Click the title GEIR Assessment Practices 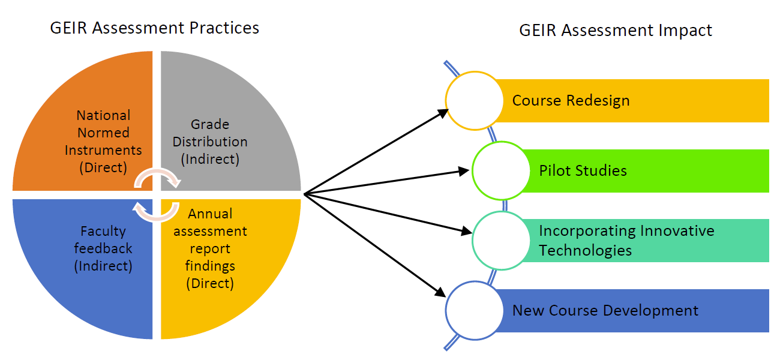tap(155, 28)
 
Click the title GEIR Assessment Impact tap(616, 31)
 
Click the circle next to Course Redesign tap(474, 100)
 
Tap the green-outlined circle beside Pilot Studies tap(501, 170)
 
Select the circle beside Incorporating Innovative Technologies tap(501, 240)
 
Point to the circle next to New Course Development tap(474, 311)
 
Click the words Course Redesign tap(571, 100)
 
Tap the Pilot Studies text tap(583, 170)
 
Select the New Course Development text tap(605, 311)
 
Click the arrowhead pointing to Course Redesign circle tap(443, 112)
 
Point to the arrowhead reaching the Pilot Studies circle tap(463, 171)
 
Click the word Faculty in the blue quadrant tap(103, 231)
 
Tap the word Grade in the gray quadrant tap(210, 125)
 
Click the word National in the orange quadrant tap(103, 115)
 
